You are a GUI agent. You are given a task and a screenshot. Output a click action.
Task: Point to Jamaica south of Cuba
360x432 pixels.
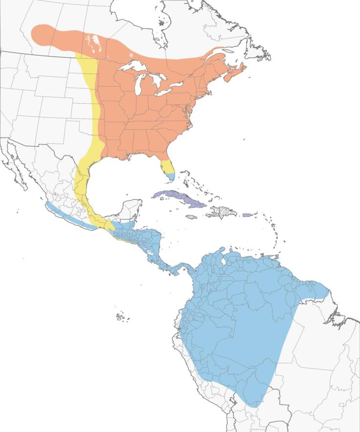(191, 216)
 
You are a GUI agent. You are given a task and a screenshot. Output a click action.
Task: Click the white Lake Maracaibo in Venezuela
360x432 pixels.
(223, 262)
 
